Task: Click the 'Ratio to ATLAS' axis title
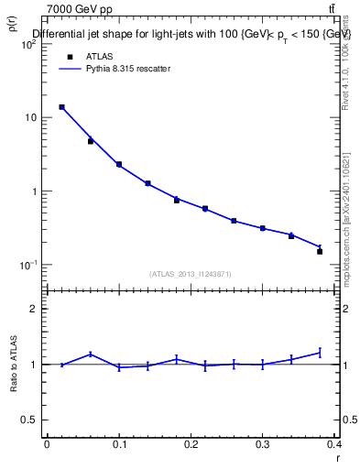tap(13, 365)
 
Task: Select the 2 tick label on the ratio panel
tap(35, 309)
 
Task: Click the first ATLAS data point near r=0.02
tap(61, 107)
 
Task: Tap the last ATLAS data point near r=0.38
tap(320, 251)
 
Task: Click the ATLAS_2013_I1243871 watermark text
tap(191, 274)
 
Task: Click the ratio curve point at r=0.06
tap(90, 354)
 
